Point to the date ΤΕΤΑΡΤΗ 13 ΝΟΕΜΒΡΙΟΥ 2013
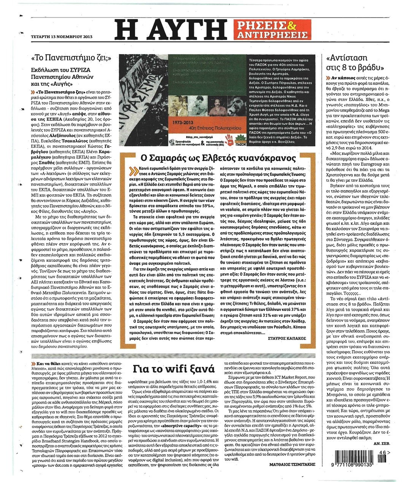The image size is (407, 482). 61,37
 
